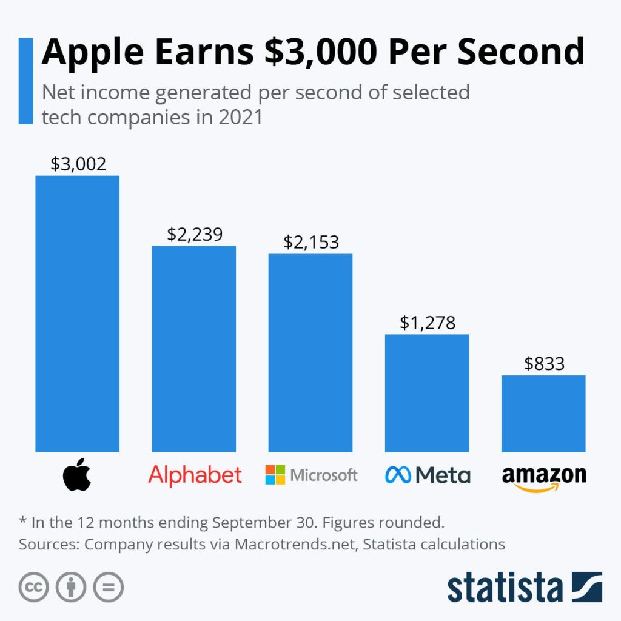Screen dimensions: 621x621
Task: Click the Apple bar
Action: click(x=77, y=314)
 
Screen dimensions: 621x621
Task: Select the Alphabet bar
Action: click(x=193, y=349)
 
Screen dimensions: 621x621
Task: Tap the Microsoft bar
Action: click(x=310, y=352)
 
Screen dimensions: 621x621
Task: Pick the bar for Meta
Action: click(x=427, y=393)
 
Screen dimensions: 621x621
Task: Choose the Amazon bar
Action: click(x=543, y=414)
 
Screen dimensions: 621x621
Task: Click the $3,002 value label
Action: click(x=78, y=164)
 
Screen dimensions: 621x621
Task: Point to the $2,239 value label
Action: click(x=195, y=234)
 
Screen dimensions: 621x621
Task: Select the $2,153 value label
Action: click(x=311, y=242)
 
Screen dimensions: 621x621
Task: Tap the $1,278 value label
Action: click(x=428, y=323)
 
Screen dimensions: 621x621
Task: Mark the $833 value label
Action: click(x=545, y=363)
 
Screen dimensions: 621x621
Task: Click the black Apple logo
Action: click(x=77, y=475)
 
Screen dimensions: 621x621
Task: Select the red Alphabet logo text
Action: click(x=195, y=475)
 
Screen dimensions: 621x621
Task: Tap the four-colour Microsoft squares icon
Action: click(x=275, y=475)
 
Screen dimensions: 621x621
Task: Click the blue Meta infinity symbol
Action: click(x=398, y=475)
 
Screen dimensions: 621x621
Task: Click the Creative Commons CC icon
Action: click(x=34, y=586)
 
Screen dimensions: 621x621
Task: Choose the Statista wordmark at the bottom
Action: click(x=505, y=586)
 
